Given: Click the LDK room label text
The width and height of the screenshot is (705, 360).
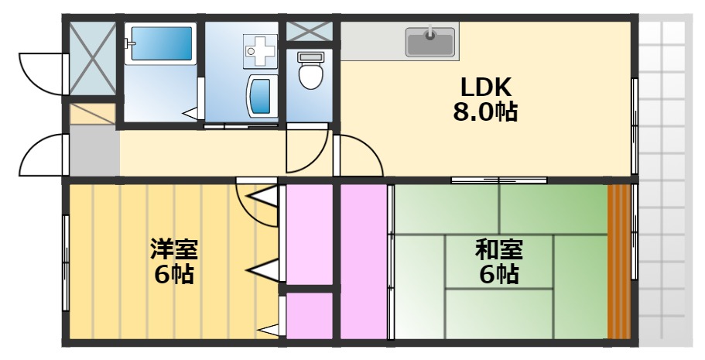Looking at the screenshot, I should tap(486, 86).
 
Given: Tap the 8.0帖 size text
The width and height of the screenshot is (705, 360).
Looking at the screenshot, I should tap(485, 111).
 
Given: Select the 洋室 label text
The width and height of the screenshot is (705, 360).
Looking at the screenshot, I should tap(173, 250).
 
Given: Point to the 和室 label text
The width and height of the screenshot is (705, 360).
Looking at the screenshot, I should tap(498, 250).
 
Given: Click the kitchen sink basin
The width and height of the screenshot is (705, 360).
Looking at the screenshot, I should tap(430, 42).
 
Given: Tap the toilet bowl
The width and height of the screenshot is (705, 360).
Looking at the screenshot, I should tap(310, 73).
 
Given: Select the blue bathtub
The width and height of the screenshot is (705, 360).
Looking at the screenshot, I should tap(161, 46).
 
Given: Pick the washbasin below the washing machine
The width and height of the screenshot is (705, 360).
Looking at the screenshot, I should tap(261, 96).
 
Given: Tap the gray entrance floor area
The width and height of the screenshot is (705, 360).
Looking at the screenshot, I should tap(94, 152).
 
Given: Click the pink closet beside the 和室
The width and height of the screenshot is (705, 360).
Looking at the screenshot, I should tap(363, 261).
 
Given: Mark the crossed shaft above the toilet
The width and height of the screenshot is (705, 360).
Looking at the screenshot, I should tap(310, 32).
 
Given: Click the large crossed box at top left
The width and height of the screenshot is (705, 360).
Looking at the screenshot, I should tap(92, 58).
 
